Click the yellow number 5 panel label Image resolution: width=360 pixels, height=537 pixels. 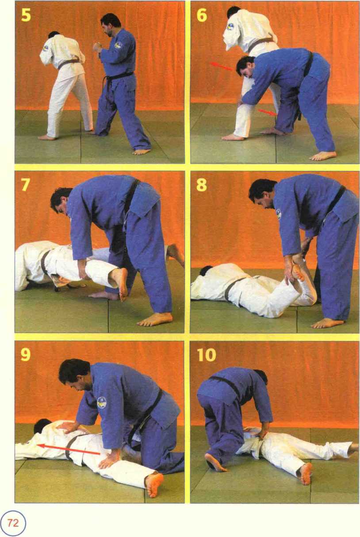point(26,15)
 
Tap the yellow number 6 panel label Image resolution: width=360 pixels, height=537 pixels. point(202,15)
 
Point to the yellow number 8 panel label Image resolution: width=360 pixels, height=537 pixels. point(201,185)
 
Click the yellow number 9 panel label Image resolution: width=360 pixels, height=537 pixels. point(26,355)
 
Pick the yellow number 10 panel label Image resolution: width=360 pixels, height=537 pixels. point(206,355)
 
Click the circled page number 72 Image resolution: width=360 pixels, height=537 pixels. point(13,522)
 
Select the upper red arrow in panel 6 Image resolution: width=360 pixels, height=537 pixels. point(222,67)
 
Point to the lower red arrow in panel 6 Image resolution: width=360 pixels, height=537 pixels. point(268,112)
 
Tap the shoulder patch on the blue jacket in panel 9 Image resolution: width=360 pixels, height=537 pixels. point(102,403)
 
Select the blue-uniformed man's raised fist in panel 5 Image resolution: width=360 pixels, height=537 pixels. point(98,47)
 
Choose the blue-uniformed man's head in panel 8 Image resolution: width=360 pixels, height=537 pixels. point(262,194)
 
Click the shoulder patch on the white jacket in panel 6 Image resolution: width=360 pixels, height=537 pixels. point(231,26)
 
